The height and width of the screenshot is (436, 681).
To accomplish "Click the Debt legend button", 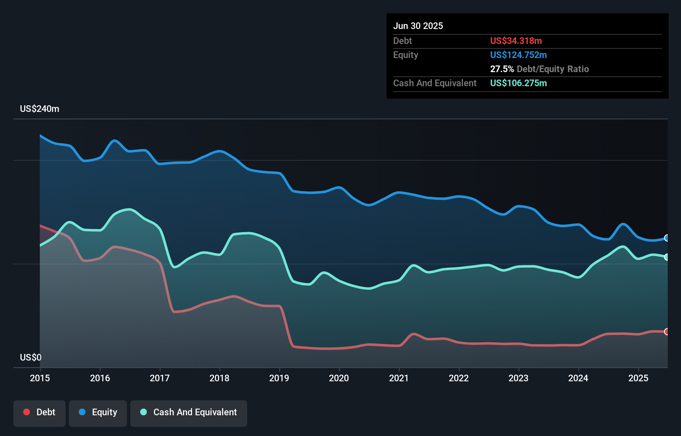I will tap(39, 413).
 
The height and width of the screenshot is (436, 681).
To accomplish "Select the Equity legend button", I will tap(98, 413).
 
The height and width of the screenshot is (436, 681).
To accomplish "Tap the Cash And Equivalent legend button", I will tap(189, 413).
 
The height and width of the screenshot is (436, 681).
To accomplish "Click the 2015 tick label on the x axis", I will tap(40, 378).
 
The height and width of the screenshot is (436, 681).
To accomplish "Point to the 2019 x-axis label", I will tap(279, 378).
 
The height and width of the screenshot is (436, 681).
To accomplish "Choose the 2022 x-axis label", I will tap(459, 378).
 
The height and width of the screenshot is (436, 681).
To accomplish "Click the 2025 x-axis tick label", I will tap(638, 378).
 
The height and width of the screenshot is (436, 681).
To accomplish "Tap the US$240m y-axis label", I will tap(39, 109).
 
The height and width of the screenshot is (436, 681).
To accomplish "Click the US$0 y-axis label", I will tap(31, 357).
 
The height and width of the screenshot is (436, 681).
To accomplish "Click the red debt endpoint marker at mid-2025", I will tap(666, 332).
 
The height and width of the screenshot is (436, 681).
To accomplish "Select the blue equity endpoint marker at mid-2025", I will tap(666, 238).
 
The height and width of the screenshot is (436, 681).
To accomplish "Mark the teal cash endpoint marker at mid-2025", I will tap(666, 257).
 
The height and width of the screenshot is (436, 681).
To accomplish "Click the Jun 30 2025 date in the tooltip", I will tap(418, 26).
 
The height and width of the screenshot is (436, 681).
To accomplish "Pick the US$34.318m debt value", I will tap(516, 41).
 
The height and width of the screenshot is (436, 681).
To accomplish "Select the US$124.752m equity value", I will tap(518, 55).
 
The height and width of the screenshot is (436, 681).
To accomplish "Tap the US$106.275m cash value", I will tap(518, 83).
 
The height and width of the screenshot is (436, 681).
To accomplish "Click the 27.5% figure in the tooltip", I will tap(502, 69).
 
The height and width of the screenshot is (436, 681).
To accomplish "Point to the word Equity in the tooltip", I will tap(406, 55).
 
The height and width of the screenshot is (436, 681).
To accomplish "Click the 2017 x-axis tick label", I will tap(160, 378).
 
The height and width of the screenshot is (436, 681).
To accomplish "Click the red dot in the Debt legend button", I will tap(27, 412).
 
